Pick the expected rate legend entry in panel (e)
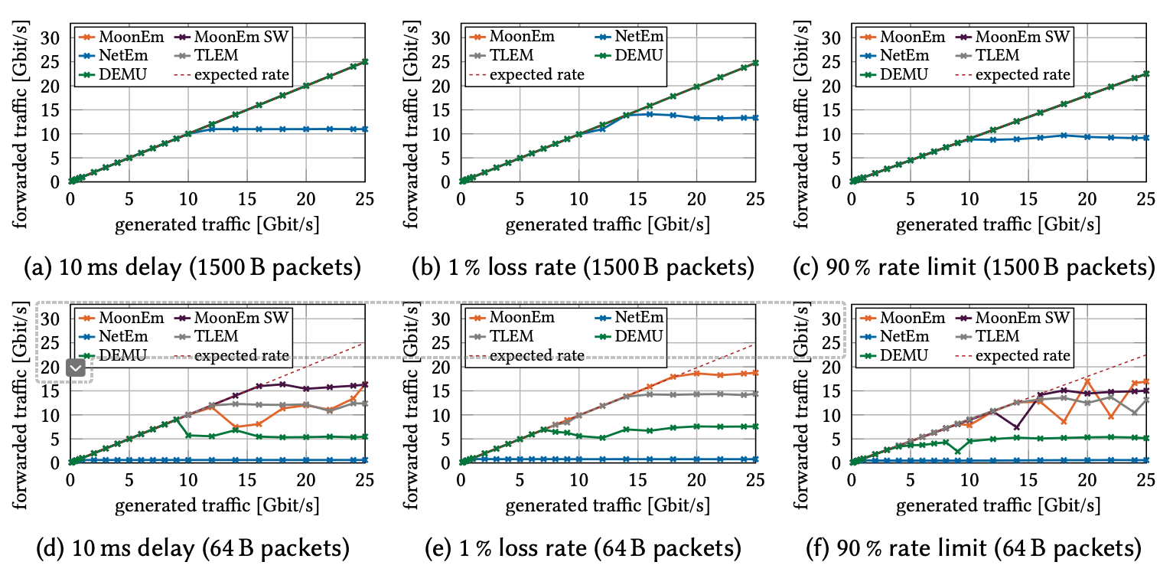tap(536, 355)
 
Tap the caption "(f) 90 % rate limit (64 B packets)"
tap(974, 548)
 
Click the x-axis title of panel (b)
tap(608, 226)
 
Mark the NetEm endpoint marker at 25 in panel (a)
tap(365, 129)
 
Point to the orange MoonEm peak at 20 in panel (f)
tap(1087, 381)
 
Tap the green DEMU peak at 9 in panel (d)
tap(176, 419)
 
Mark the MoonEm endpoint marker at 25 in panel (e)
tap(755, 373)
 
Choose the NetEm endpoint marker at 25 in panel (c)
tap(1145, 138)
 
